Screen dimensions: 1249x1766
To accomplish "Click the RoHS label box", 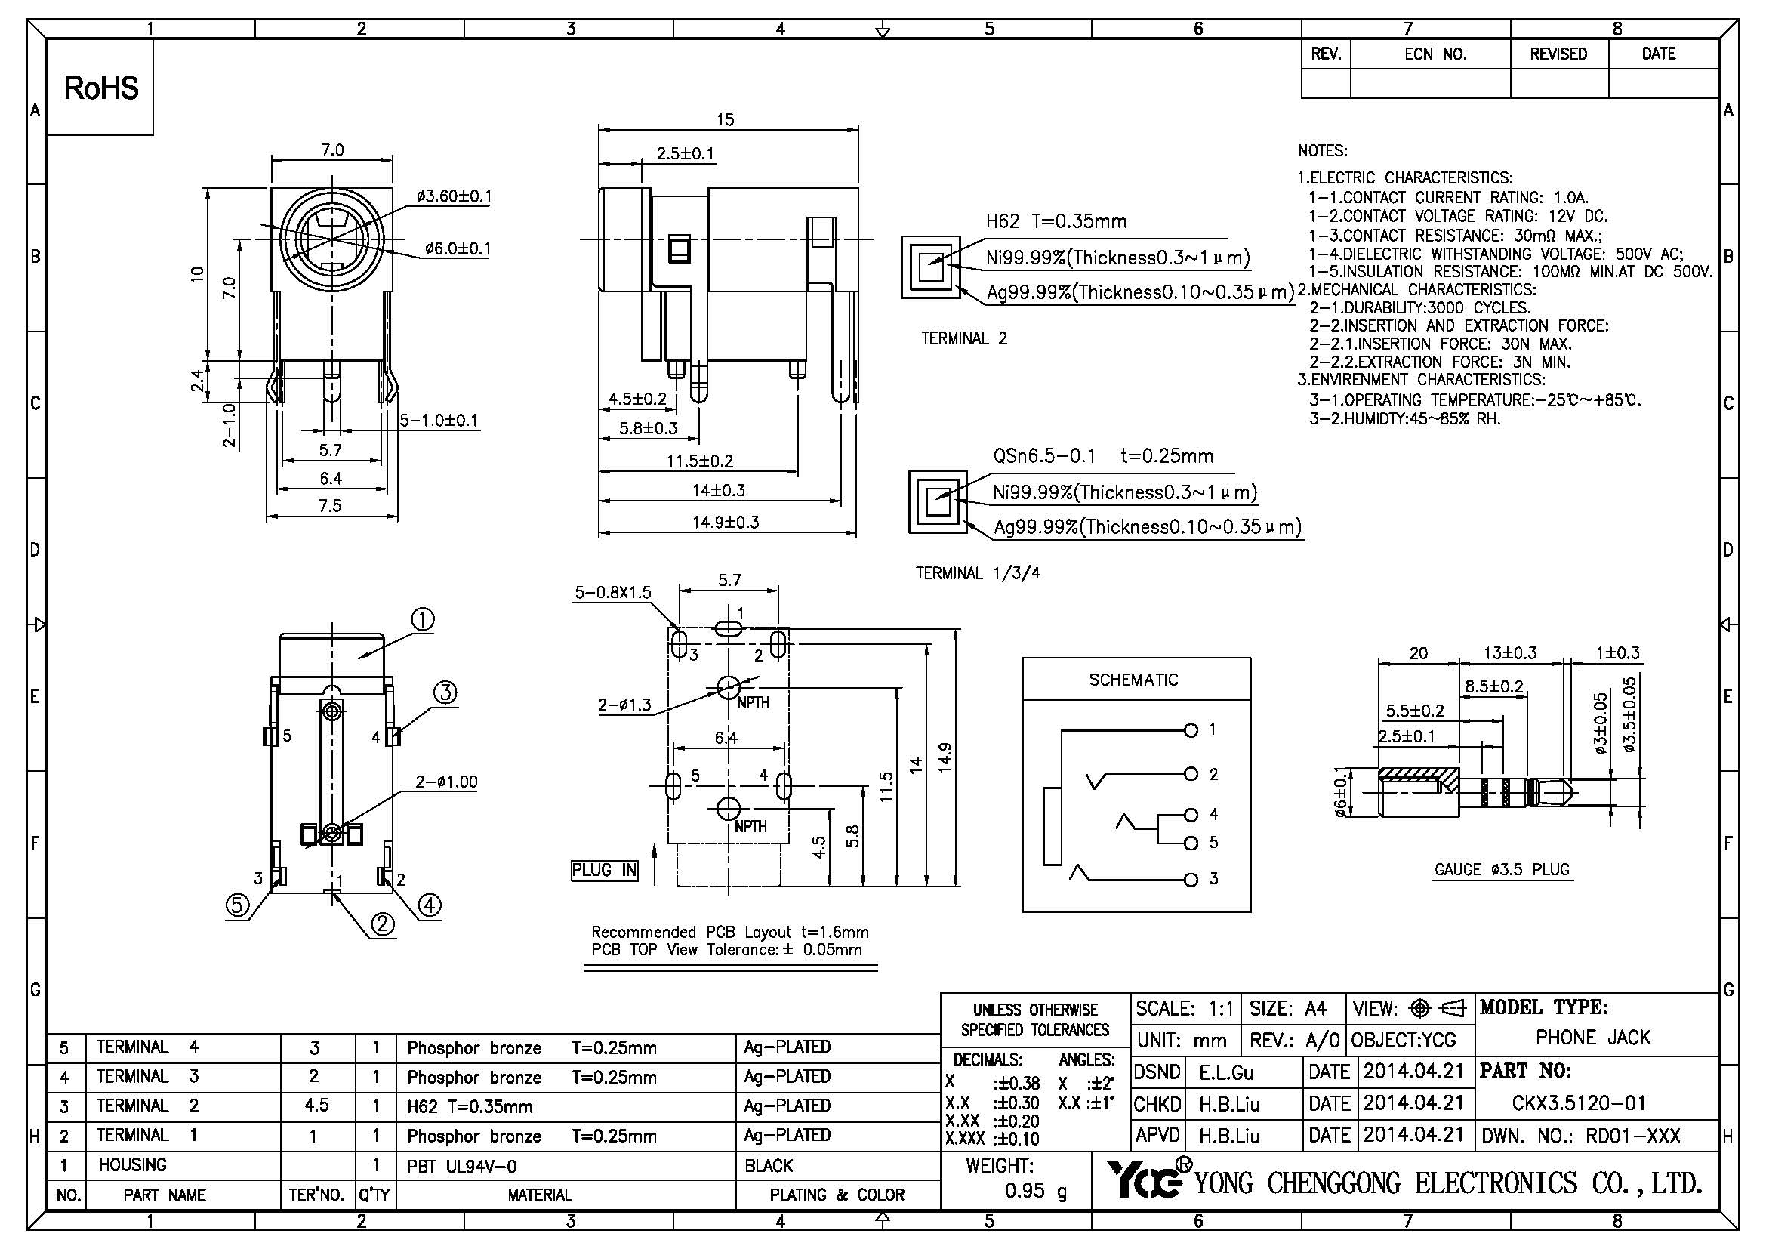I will point(100,88).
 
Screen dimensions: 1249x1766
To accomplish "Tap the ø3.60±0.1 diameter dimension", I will point(453,196).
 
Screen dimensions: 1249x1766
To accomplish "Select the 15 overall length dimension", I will point(725,120).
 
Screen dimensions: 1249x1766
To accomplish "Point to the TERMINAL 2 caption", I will point(963,338).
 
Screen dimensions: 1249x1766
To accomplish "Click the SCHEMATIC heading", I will point(1133,680).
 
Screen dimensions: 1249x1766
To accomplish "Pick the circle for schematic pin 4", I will point(1191,815).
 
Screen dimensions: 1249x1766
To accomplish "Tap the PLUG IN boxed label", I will point(605,870).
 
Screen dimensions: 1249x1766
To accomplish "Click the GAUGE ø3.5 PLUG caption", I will point(1502,870).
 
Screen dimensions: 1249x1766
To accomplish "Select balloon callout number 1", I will point(423,619).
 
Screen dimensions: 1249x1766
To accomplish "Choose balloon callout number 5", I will point(237,906).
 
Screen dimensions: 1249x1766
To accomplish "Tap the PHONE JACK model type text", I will point(1592,1038).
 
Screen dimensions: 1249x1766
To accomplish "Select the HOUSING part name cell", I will point(132,1165).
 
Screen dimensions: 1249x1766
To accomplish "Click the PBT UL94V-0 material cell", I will point(461,1167).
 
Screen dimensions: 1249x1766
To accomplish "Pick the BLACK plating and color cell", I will point(769,1166).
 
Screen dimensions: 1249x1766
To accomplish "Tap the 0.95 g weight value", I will point(1035,1192).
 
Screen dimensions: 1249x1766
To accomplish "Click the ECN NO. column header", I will point(1435,54).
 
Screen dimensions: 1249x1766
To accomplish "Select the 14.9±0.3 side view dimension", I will point(726,523).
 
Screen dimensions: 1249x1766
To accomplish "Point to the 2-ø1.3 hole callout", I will point(624,705).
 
